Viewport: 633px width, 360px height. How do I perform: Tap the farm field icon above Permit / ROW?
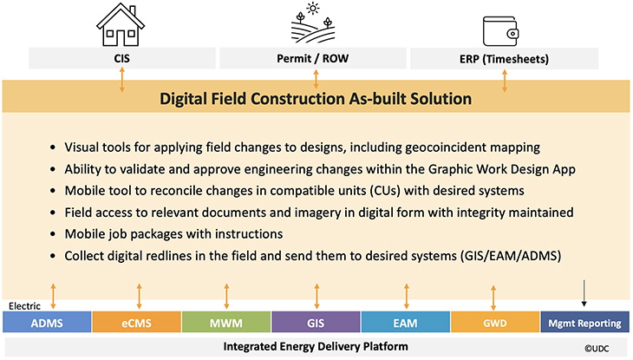pyautogui.click(x=315, y=25)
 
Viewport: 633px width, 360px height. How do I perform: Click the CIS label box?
pyautogui.click(x=123, y=59)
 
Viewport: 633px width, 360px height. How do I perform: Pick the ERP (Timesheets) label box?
pyautogui.click(x=506, y=59)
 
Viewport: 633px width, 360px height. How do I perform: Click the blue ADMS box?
pyautogui.click(x=46, y=324)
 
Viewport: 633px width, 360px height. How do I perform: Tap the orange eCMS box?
pyautogui.click(x=136, y=324)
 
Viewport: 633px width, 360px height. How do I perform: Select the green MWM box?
pyautogui.click(x=225, y=324)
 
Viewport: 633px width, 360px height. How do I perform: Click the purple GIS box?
pyautogui.click(x=316, y=324)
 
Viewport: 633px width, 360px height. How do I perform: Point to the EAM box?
pyautogui.click(x=405, y=324)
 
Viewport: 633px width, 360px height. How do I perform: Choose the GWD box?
pyautogui.click(x=494, y=324)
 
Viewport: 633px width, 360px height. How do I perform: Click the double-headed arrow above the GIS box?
pyautogui.click(x=316, y=295)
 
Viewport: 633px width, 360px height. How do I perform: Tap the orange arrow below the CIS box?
pyautogui.click(x=123, y=80)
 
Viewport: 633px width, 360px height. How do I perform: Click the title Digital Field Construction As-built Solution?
pyautogui.click(x=316, y=99)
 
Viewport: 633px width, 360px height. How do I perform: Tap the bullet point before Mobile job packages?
pyautogui.click(x=56, y=234)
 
